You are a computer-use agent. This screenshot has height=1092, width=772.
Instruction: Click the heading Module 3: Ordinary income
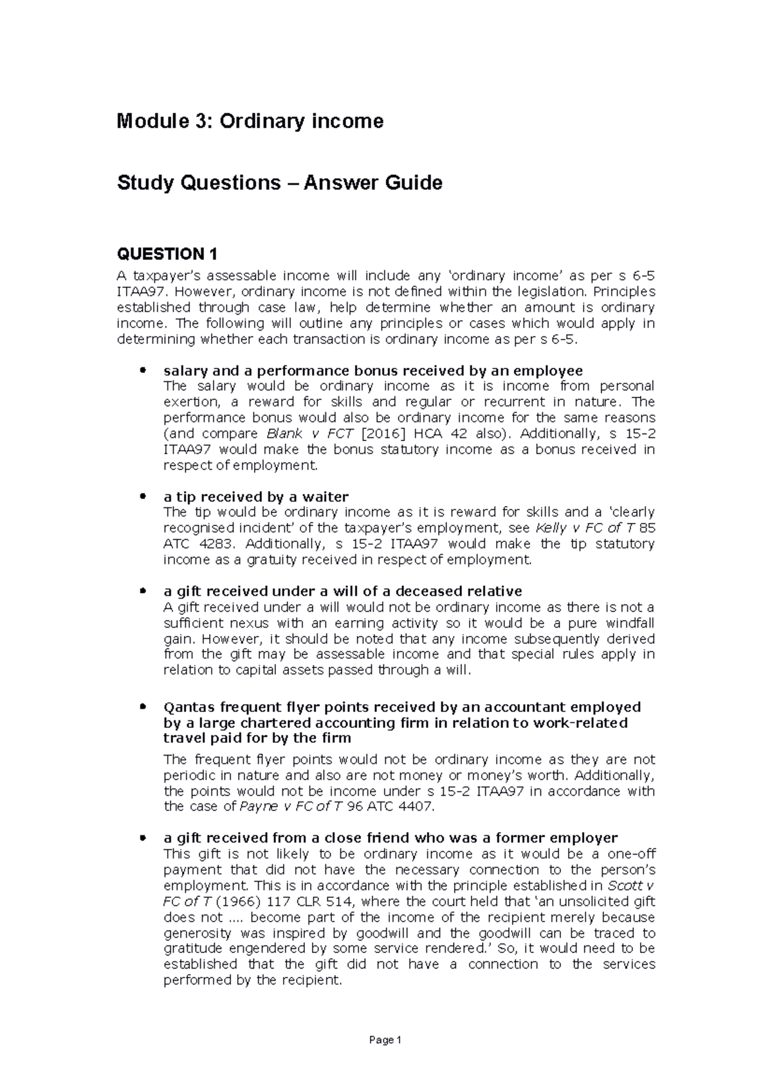pos(250,121)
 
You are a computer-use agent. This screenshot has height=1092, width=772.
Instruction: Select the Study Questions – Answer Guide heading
pos(279,183)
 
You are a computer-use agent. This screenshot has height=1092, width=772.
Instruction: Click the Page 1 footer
pos(386,1040)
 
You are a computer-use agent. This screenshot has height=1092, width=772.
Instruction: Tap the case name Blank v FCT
pos(304,433)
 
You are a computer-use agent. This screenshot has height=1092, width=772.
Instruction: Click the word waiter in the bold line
pos(326,497)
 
